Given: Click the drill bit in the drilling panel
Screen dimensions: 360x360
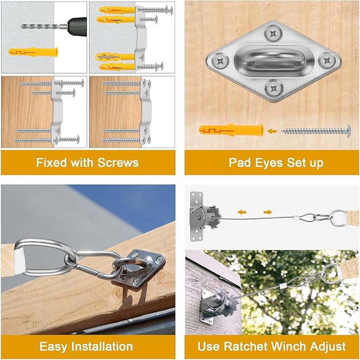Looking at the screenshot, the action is [43, 27].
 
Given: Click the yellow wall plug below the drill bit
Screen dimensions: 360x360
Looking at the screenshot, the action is [33, 52].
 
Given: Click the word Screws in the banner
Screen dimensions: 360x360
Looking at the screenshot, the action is [118, 163].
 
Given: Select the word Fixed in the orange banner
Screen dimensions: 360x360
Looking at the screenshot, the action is [52, 163].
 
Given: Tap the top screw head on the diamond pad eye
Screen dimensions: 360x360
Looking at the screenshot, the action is [273, 34].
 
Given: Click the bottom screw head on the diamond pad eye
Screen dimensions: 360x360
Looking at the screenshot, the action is [274, 88].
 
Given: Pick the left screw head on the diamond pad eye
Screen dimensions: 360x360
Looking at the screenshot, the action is [220, 61].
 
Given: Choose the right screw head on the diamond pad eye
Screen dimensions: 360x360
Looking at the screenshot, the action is [327, 60].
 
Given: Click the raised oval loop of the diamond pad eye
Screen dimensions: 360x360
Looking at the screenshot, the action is [273, 58].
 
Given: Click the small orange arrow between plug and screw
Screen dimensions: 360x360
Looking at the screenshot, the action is [272, 131].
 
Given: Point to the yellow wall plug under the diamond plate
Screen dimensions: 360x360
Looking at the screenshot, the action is [231, 130].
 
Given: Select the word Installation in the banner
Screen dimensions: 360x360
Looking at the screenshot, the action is [102, 346].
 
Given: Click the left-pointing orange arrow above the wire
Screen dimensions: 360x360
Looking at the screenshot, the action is [242, 212].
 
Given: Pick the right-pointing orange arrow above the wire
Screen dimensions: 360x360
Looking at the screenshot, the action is [268, 212].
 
